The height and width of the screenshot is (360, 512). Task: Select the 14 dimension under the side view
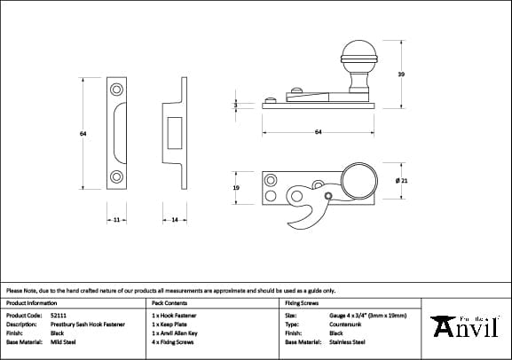[x=174, y=218]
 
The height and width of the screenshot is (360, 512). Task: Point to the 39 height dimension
[x=401, y=74]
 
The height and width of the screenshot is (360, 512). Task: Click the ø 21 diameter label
[x=401, y=181]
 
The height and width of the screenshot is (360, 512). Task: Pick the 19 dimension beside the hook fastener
[x=235, y=189]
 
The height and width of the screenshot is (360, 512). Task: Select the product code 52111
[x=59, y=315]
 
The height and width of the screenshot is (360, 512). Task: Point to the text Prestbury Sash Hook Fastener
[x=86, y=324]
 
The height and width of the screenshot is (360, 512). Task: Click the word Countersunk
[x=346, y=324]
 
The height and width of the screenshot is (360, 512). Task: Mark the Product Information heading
[x=31, y=302]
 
